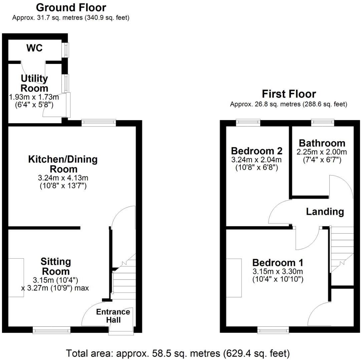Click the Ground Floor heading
pos(71,7)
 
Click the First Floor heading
pos(289,94)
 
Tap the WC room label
pos(35,48)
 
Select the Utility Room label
pos(34,83)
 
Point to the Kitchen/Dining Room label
pos(63,164)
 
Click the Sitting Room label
pos(55,266)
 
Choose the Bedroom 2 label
pos(257,151)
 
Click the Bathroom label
pos(322,143)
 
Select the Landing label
pos(325,211)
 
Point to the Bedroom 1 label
pos(278,263)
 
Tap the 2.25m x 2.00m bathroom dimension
pos(322,152)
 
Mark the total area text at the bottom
pos(178,353)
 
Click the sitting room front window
pos(52,330)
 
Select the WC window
pos(66,50)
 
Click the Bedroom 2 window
pos(248,123)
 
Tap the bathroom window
pos(323,123)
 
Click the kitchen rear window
pos(99,123)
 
